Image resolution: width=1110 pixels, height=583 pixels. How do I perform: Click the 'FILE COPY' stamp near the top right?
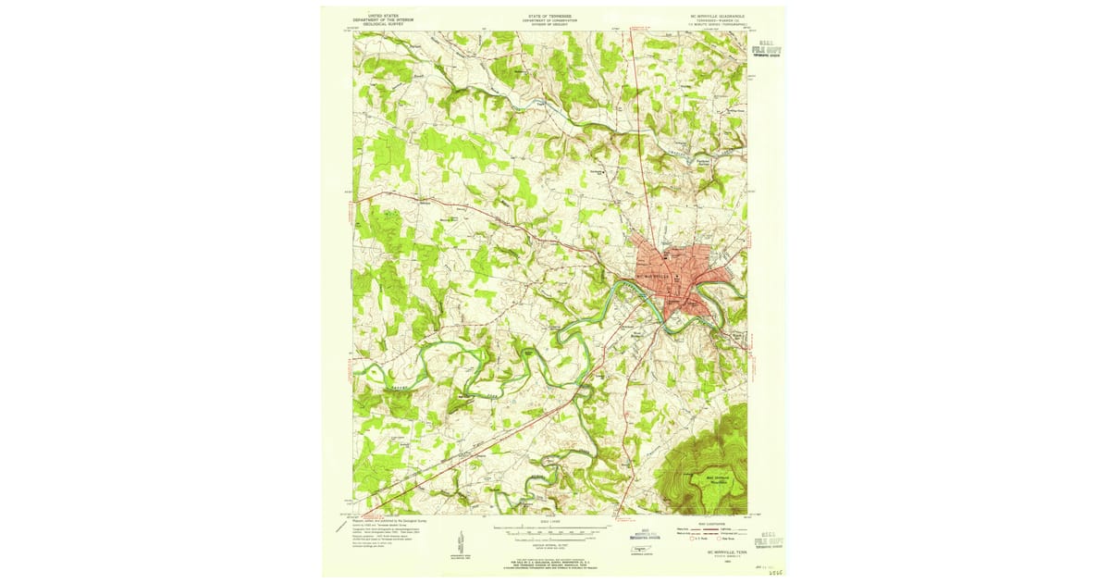[x=768, y=49]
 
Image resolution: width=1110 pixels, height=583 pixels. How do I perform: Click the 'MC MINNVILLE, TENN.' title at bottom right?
[x=712, y=552]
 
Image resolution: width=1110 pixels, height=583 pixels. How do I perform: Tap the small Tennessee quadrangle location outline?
[x=636, y=550]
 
